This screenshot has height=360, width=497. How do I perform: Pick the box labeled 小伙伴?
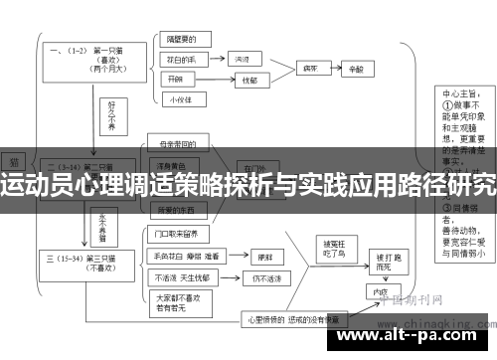179,99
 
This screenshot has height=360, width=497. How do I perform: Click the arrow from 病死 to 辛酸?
336,70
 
